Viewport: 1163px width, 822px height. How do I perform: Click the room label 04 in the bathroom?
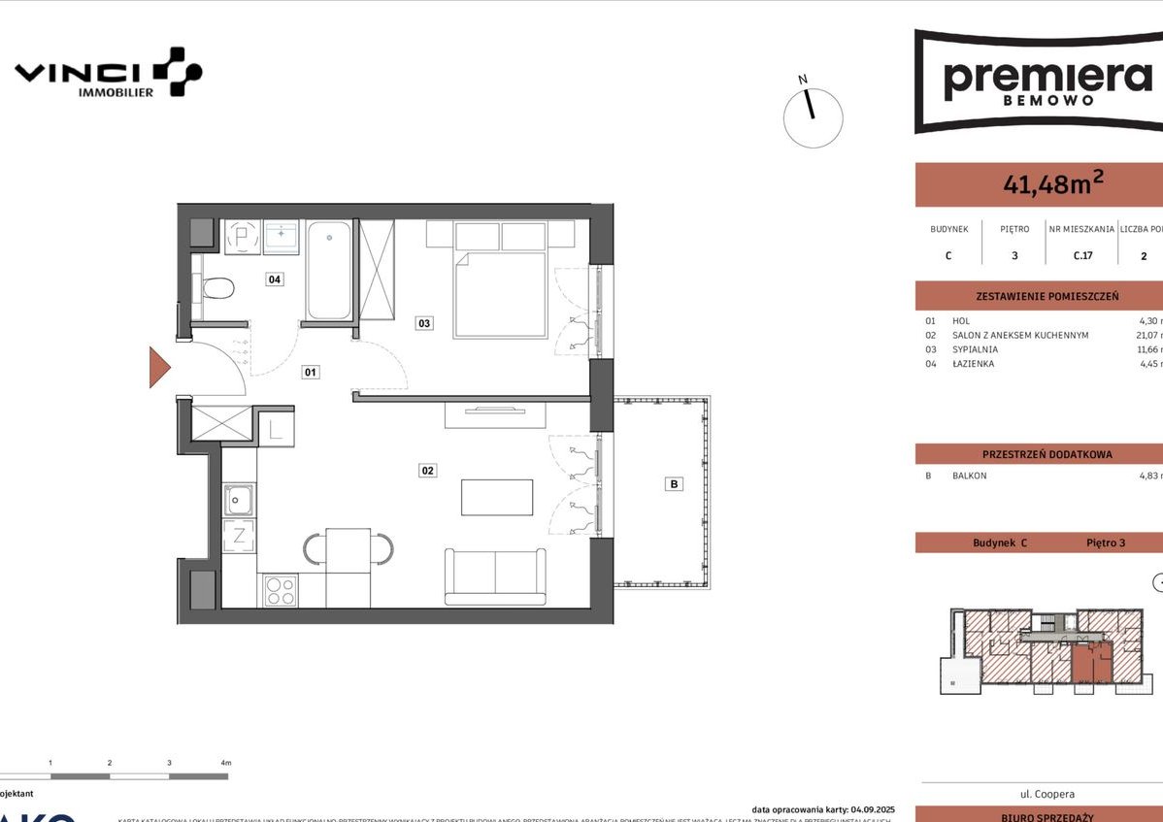tap(276, 279)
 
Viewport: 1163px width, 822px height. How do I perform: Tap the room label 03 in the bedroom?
tap(424, 323)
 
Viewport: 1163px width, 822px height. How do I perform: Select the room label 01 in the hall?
tap(311, 371)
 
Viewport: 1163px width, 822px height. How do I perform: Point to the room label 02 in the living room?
tap(427, 471)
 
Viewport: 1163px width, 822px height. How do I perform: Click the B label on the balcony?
tap(673, 483)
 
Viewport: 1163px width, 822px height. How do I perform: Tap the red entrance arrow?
tap(159, 367)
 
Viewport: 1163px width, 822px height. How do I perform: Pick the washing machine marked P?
tap(239, 236)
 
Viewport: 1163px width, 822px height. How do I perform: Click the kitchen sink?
tap(239, 500)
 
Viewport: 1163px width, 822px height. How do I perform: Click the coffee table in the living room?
tap(497, 498)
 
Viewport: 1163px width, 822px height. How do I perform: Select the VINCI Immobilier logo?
tap(107, 73)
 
